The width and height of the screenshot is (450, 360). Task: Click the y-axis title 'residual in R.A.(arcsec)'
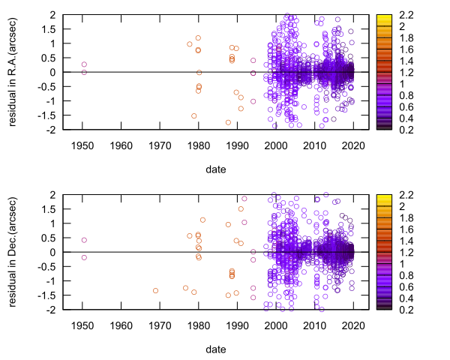[13, 72]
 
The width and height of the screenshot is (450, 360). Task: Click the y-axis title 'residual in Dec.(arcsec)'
[13, 252]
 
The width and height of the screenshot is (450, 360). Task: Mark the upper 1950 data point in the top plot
[84, 64]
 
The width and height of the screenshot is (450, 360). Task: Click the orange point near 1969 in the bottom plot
[156, 290]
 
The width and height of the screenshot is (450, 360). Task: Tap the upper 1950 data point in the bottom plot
[84, 241]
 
